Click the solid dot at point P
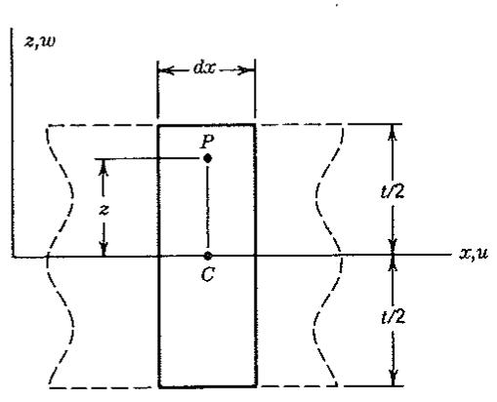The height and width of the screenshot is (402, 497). coord(208,158)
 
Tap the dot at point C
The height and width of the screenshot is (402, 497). coord(208,256)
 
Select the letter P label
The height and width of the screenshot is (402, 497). coord(207,141)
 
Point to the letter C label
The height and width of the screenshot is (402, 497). coord(208,274)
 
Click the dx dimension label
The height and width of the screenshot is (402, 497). coord(204,68)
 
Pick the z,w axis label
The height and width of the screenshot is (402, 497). coord(40,42)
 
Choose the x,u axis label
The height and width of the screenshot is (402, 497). coord(474,253)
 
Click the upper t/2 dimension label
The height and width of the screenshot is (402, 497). coord(393,191)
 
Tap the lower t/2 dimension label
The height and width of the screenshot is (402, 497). coord(393,316)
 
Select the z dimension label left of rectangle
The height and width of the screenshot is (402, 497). coord(104,210)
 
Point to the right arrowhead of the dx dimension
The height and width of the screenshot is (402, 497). coord(249,70)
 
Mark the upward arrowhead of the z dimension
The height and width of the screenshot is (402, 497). coord(104,167)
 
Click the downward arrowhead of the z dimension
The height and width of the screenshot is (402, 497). coord(104,249)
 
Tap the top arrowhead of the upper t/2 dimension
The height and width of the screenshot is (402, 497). coord(393,131)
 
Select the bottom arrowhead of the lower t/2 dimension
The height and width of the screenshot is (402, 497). coord(393,379)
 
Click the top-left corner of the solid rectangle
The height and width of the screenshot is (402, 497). coord(158,125)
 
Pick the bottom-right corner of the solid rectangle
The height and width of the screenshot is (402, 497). coord(257,386)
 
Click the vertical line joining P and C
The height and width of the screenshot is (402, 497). coord(208,207)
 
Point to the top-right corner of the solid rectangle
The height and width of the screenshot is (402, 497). coord(255,125)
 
